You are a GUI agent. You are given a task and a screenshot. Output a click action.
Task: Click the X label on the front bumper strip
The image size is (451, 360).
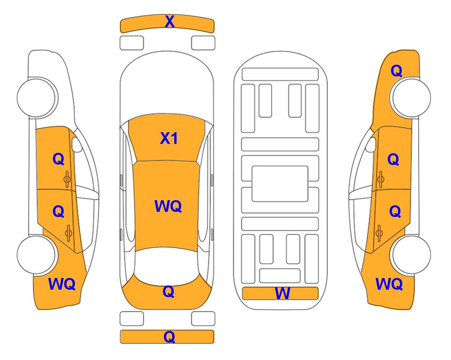[170, 22]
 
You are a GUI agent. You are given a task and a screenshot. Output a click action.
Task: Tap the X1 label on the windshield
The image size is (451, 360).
[169, 138]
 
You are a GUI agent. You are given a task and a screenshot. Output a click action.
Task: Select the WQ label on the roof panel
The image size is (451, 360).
[168, 206]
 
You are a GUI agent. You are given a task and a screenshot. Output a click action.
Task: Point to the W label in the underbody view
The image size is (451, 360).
[282, 293]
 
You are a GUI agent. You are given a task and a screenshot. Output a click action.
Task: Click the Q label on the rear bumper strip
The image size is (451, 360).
[170, 337]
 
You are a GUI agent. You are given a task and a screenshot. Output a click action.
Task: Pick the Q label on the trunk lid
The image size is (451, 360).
[169, 292]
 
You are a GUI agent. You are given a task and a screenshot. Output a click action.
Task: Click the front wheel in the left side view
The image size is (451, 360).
[37, 97]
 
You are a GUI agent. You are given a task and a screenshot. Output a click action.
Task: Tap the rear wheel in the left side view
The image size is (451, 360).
[37, 255]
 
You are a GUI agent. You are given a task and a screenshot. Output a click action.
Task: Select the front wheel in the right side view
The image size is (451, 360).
[411, 97]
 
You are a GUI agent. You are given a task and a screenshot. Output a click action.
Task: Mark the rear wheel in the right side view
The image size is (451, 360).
[411, 255]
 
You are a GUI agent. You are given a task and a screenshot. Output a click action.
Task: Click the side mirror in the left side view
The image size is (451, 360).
[77, 144]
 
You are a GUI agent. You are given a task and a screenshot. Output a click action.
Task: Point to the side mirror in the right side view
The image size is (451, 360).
[371, 144]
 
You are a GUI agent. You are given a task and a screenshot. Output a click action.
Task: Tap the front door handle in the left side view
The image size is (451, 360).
[67, 179]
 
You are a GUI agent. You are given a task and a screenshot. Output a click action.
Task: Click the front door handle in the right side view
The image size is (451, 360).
[381, 179]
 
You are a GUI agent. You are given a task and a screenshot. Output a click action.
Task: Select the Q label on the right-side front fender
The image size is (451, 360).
[396, 71]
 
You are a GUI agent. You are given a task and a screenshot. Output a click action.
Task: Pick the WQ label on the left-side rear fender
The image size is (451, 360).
[62, 284]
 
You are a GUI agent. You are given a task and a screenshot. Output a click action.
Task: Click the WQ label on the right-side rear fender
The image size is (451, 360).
[389, 284]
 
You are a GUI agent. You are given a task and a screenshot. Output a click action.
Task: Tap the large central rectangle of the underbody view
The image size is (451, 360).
[280, 184]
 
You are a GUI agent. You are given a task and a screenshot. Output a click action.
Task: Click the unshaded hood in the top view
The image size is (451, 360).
[167, 86]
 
